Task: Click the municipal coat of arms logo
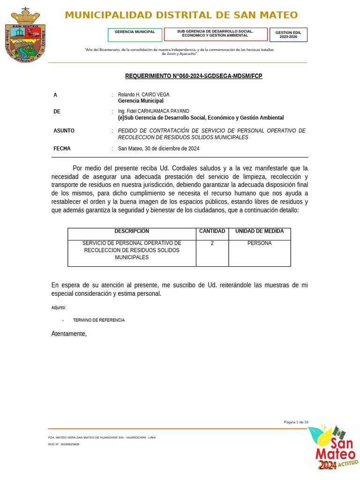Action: tap(25, 35)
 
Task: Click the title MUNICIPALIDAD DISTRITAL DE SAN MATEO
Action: tap(181, 15)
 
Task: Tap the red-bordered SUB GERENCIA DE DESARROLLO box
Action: tap(215, 34)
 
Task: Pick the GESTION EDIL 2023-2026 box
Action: tap(288, 35)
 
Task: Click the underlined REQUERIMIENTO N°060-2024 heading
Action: tap(194, 76)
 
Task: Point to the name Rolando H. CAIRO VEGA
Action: tap(143, 95)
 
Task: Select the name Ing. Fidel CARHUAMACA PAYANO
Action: tap(153, 111)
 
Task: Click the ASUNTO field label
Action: tap(64, 131)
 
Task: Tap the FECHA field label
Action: tap(62, 149)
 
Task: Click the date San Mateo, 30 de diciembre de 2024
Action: tap(158, 149)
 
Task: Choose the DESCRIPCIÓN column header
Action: tap(132, 232)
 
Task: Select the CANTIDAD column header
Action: tap(212, 232)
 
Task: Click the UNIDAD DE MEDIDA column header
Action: tap(259, 232)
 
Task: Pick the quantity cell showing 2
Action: tap(212, 243)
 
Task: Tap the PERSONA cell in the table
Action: tap(259, 243)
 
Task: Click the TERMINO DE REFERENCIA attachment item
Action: tap(99, 320)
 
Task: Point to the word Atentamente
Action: tap(69, 334)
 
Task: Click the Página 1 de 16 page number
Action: tap(296, 422)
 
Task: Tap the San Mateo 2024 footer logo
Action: tap(332, 448)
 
